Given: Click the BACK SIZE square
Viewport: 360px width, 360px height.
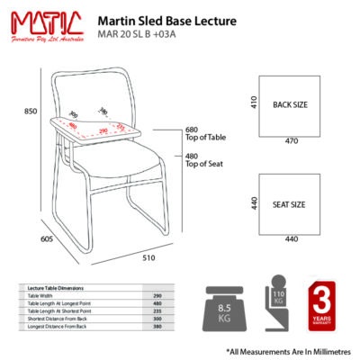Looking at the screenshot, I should coord(290,105).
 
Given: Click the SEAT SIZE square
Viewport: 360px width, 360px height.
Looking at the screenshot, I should coord(290,202).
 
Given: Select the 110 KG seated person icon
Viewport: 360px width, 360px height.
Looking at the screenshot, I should coord(274,309).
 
